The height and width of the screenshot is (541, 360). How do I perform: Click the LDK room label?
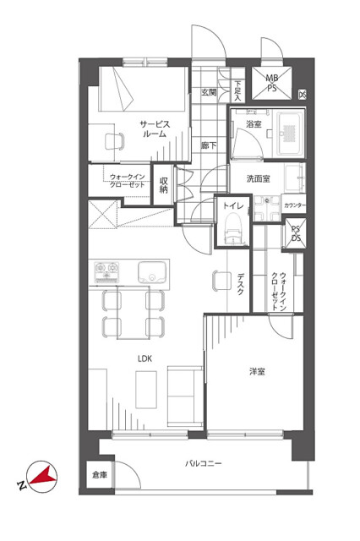click(145, 358)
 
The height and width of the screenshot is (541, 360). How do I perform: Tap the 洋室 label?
click(257, 372)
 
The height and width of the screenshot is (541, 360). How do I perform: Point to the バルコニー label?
click(204, 463)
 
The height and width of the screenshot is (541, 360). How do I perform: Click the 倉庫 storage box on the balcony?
click(100, 475)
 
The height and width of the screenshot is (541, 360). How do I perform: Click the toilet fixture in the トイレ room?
click(232, 228)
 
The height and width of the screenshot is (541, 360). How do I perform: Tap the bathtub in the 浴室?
click(289, 133)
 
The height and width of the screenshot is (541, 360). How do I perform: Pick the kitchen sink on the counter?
click(152, 272)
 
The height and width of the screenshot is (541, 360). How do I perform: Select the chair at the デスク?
click(221, 281)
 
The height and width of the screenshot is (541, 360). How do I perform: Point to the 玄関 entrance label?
click(209, 92)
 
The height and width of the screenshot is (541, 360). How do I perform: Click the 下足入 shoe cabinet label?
click(237, 90)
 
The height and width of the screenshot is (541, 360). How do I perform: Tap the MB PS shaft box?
click(272, 83)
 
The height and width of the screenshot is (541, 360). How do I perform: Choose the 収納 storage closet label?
click(163, 185)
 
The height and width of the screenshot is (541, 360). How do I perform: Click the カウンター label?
click(295, 205)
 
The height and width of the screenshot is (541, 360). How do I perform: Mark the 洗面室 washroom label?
click(259, 178)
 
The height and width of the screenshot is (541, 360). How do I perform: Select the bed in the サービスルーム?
click(143, 89)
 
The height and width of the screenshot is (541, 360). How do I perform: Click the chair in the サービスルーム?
click(114, 141)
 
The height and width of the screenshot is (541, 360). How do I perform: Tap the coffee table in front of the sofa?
click(146, 390)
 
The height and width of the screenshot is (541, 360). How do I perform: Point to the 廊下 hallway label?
click(209, 145)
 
